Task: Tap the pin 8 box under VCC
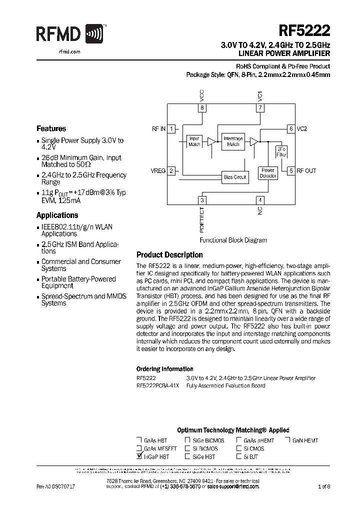click(202, 107)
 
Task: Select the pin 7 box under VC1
click(260, 107)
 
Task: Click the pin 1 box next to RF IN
click(171, 128)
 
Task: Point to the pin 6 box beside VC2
click(290, 128)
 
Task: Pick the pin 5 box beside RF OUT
click(290, 170)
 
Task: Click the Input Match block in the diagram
click(194, 141)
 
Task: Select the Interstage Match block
click(233, 141)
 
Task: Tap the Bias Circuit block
click(234, 177)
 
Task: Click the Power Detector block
click(268, 173)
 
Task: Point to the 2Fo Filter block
click(281, 151)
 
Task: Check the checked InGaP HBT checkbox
click(139, 456)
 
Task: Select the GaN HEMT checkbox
click(288, 440)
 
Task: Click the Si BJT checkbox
click(239, 456)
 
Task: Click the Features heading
click(51, 128)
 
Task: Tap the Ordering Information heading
click(164, 369)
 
